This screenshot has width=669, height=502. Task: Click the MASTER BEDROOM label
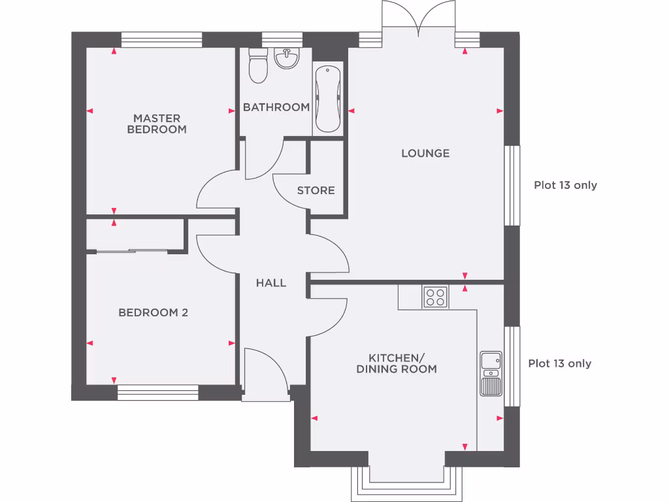156,124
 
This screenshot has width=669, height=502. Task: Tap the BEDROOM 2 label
153,313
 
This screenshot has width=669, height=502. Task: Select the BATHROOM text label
276,107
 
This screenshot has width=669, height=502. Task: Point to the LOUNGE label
425,154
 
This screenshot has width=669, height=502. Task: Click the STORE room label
316,191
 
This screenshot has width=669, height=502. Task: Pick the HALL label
270,283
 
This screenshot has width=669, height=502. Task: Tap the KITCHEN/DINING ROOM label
397,363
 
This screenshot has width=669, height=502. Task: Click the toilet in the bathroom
259,67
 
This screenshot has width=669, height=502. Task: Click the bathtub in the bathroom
327,99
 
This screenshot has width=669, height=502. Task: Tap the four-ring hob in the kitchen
435,297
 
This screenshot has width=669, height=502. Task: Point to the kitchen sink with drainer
491,373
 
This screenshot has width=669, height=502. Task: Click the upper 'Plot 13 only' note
565,185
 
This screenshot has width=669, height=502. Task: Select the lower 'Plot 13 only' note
559,363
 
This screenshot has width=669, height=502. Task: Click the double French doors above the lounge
419,16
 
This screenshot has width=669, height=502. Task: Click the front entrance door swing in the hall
265,373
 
